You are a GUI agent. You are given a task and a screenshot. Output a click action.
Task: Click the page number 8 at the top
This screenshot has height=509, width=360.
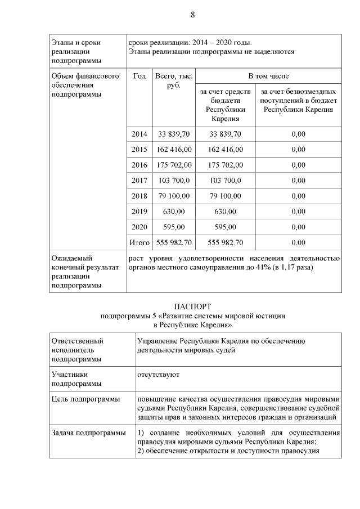click(x=192, y=15)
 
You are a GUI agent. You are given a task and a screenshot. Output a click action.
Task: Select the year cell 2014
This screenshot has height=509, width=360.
click(x=139, y=134)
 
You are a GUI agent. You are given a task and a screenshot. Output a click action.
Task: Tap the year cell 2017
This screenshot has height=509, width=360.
click(x=139, y=181)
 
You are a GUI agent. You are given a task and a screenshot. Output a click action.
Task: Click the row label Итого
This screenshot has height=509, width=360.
click(x=139, y=242)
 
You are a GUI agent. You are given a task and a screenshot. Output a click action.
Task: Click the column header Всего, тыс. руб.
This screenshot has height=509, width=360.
click(x=174, y=81)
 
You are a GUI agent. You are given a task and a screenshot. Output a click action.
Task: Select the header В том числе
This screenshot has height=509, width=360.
click(x=269, y=76)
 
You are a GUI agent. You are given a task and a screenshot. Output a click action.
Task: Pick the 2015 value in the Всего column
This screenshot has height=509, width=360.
click(x=174, y=150)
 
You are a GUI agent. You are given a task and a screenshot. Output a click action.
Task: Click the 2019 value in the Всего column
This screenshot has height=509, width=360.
click(x=174, y=211)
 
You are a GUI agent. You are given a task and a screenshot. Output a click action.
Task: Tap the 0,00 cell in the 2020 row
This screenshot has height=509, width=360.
click(x=298, y=227)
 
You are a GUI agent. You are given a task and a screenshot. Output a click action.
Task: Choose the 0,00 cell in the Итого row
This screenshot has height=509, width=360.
click(x=298, y=242)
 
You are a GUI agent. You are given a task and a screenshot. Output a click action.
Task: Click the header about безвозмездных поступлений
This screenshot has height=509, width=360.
click(x=298, y=100)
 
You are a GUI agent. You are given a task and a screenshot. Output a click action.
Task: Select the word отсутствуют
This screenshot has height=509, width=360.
click(x=157, y=373)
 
